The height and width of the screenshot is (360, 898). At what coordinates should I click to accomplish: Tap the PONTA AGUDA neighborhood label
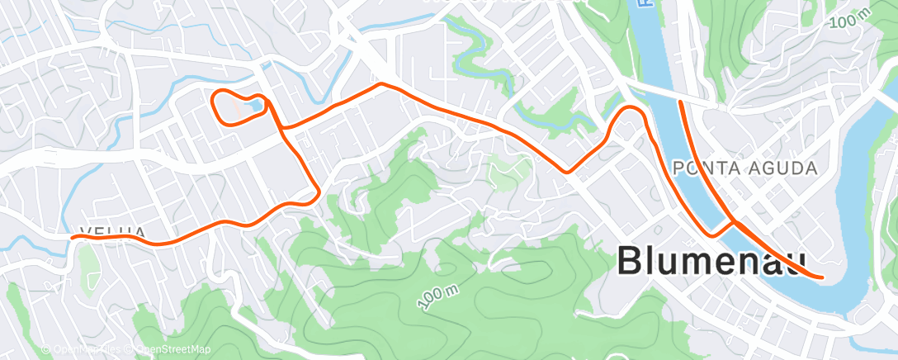click(x=745, y=168)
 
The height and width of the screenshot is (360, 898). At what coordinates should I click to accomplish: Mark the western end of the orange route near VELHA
click(x=73, y=238)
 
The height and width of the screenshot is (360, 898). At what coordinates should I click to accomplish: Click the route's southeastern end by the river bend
click(x=822, y=277)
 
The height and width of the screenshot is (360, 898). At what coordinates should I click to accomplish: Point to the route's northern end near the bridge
click(x=679, y=102)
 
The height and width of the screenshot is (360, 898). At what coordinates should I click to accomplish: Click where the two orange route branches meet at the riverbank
click(x=733, y=221)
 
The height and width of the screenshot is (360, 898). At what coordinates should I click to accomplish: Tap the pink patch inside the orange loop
click(x=239, y=107)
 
